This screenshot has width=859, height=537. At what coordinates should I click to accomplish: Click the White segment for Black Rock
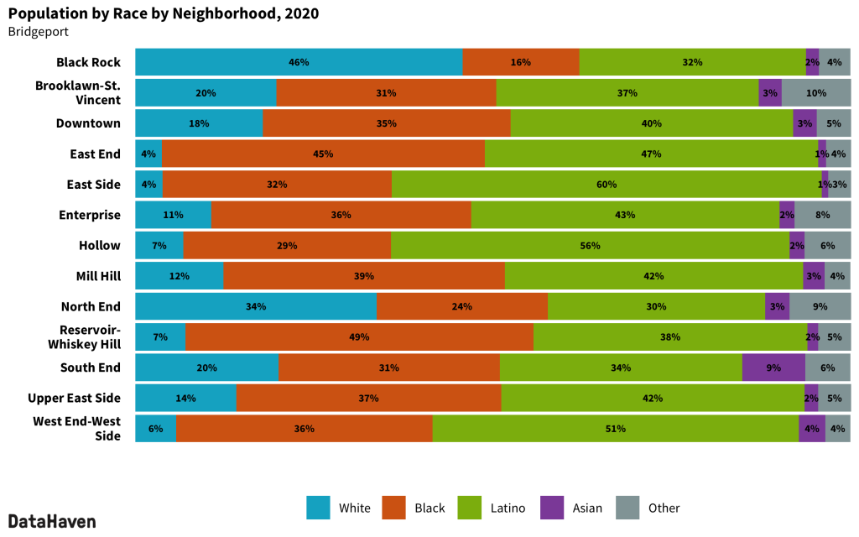(299, 62)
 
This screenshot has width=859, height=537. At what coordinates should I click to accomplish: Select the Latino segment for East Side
(607, 185)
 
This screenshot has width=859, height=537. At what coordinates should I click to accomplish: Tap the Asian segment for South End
(773, 368)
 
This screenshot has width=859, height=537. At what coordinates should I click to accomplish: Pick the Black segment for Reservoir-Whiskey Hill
(359, 337)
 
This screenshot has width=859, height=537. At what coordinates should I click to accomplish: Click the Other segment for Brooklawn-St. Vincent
(815, 92)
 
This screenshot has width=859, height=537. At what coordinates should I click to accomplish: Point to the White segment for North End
(256, 306)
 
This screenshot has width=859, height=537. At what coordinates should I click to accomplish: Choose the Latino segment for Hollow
(590, 246)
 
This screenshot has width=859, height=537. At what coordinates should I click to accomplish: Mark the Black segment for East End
(323, 154)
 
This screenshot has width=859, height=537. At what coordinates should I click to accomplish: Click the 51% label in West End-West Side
(616, 429)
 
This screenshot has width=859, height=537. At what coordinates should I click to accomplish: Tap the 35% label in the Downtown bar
(387, 123)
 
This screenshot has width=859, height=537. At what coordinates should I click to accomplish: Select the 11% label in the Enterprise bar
(173, 215)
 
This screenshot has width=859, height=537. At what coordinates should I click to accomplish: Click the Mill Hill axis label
(97, 276)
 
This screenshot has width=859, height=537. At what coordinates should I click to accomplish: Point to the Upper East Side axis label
(74, 399)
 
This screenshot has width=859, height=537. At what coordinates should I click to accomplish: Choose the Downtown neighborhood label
(88, 123)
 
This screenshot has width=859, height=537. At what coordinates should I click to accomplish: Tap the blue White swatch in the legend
(318, 508)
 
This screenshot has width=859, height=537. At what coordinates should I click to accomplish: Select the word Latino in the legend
(508, 508)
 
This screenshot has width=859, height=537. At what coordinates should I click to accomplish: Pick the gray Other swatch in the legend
(627, 508)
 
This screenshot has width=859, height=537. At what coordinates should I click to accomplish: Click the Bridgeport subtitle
(38, 32)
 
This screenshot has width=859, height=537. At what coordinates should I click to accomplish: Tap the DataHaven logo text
(52, 521)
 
